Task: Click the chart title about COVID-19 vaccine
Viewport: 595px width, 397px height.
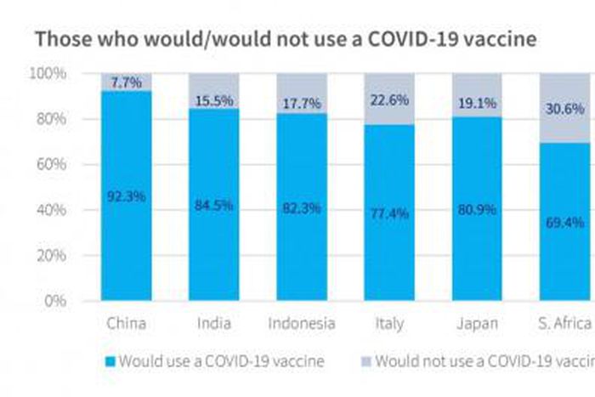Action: [x=286, y=39]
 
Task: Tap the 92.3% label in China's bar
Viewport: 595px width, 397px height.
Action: [x=126, y=196]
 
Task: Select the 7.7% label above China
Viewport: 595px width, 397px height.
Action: [x=126, y=81]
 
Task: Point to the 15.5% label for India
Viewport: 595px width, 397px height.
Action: [x=213, y=100]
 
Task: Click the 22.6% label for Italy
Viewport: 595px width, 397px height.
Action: [x=389, y=99]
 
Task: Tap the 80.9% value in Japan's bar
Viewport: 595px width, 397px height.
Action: [x=477, y=207]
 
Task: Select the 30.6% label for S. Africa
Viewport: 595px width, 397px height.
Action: [x=564, y=109]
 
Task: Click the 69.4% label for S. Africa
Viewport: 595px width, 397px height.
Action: [x=564, y=223]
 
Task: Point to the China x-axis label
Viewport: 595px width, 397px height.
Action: [x=126, y=324]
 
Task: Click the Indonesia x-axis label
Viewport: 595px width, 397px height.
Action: [x=301, y=324]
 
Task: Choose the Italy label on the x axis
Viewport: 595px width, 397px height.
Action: [x=389, y=324]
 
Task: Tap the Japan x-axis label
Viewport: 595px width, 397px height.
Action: [x=477, y=324]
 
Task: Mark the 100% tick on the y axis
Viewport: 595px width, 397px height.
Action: [x=48, y=74]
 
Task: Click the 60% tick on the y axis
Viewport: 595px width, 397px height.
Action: [x=51, y=165]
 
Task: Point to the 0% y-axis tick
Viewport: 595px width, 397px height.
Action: [x=54, y=301]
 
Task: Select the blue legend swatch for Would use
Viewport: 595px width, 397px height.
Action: [x=110, y=361]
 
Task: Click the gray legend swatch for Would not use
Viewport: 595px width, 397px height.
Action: [x=366, y=361]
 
